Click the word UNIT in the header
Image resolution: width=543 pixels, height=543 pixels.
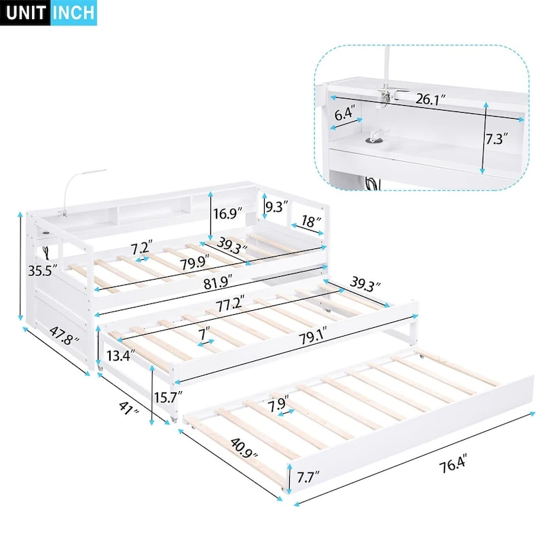26,12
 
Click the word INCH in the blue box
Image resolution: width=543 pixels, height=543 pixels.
73,12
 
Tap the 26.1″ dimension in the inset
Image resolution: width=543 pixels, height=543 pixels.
431,99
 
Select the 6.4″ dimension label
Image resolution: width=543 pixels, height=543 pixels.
344,114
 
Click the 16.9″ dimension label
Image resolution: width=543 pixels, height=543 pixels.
228,213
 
